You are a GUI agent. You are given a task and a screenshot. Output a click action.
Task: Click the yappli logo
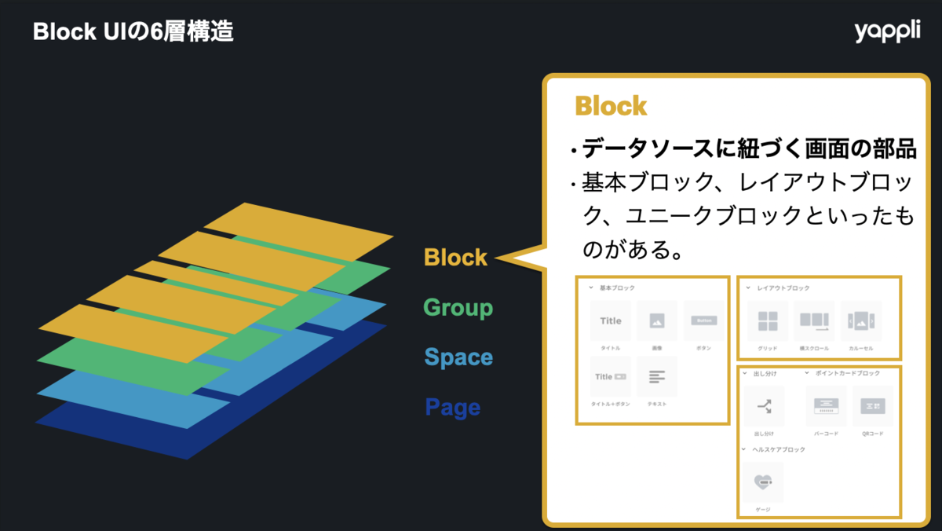point(887,32)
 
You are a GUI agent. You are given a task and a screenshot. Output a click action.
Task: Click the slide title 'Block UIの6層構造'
point(133,32)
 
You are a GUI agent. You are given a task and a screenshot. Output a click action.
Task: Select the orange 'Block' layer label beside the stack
point(455,257)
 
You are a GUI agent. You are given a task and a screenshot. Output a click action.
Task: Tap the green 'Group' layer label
point(458,307)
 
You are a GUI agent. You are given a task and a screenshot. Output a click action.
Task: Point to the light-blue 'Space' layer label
point(458,357)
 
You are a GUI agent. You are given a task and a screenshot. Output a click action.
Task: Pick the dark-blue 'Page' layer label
point(452,408)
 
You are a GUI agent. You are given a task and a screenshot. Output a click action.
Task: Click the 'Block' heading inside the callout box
point(611,106)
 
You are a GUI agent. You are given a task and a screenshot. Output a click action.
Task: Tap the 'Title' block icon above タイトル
point(611,320)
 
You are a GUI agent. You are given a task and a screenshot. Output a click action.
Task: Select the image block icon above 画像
point(657,320)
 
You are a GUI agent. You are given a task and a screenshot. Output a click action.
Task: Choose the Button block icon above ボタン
point(703,320)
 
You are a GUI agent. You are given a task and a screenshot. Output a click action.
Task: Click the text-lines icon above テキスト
point(657,376)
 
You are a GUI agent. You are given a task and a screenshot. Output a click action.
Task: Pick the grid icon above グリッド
point(768,320)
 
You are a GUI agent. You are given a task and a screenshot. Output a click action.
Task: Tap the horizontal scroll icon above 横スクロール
point(814,320)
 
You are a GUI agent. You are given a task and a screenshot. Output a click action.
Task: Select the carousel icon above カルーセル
point(860,320)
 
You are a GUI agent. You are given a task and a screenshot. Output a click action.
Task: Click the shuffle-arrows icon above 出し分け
point(765,405)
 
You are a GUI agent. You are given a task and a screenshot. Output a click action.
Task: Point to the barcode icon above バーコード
point(826,405)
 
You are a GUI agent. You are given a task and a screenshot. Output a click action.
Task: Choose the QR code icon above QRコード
point(872,405)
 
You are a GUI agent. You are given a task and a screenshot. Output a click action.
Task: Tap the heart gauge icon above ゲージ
point(763,482)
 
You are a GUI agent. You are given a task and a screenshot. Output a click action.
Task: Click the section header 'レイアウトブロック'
point(783,288)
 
